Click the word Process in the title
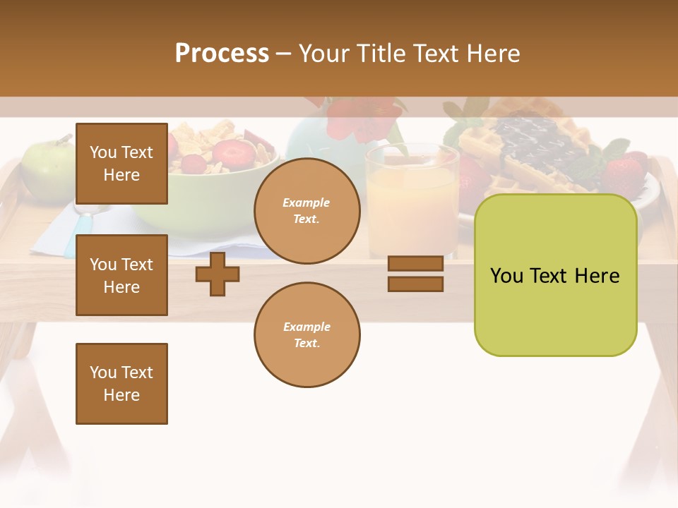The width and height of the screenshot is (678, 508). click(222, 54)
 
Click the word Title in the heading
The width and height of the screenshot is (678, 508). click(381, 54)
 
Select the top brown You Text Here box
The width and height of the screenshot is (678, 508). click(121, 164)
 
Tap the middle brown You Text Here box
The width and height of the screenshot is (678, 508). click(121, 275)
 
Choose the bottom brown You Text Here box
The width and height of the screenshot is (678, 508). click(121, 384)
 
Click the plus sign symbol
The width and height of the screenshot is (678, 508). click(218, 274)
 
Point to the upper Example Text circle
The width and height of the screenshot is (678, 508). click(307, 211)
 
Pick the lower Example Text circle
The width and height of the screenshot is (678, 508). click(307, 335)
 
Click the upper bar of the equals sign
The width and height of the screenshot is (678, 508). click(415, 263)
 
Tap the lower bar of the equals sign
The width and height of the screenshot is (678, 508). click(415, 284)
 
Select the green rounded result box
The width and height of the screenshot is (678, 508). click(555, 275)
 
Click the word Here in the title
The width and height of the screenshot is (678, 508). click(490, 54)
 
